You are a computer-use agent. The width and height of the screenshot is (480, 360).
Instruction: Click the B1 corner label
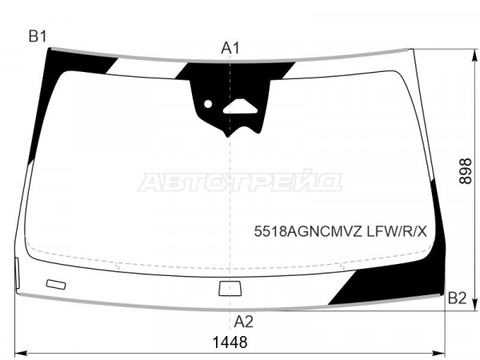pyautogui.click(x=38, y=37)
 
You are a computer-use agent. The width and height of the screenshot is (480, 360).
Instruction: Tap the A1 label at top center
pyautogui.click(x=230, y=48)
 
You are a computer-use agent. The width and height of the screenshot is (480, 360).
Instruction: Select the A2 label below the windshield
pyautogui.click(x=244, y=322)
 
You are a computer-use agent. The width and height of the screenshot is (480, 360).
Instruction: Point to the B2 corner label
pyautogui.click(x=457, y=298)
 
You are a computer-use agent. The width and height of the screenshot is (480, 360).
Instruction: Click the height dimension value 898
pyautogui.click(x=466, y=171)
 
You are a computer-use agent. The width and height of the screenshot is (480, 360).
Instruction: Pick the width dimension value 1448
pyautogui.click(x=230, y=342)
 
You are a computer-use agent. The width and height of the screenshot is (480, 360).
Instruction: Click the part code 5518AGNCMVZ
pyautogui.click(x=308, y=232)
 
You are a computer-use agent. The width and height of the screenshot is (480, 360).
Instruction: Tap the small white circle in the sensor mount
pyautogui.click(x=208, y=104)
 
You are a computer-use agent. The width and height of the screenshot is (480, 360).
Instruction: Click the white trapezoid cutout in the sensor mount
pyautogui.click(x=240, y=107)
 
